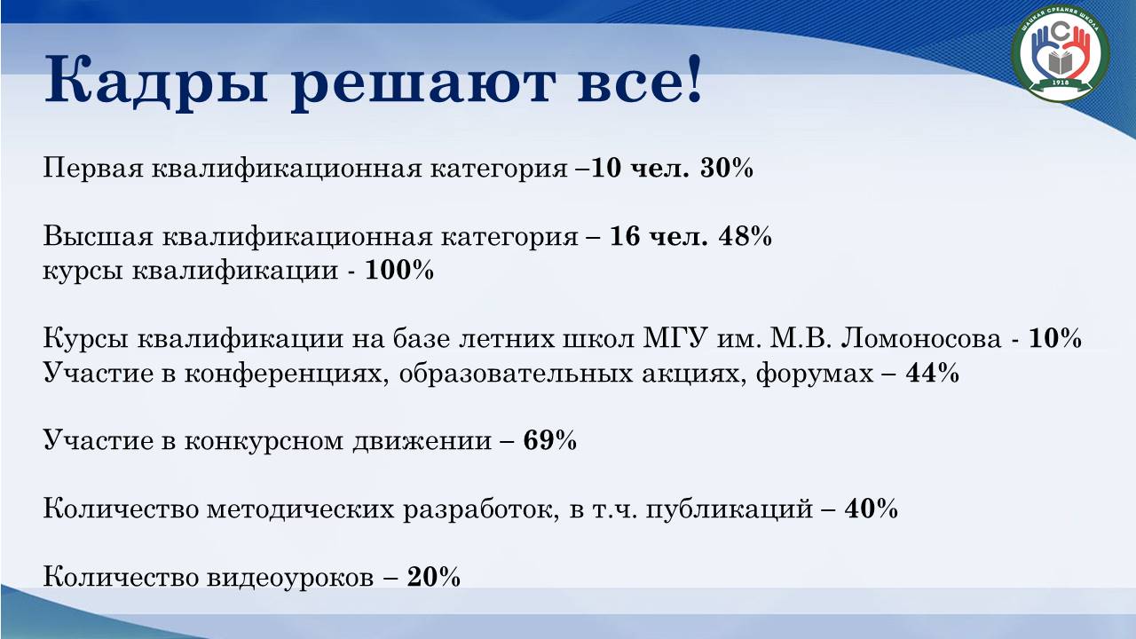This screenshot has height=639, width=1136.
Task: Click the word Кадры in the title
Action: tap(155, 80)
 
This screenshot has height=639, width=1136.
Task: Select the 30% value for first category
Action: tap(726, 168)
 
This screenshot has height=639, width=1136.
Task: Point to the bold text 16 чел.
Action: tap(659, 237)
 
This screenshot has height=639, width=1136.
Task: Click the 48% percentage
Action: tap(745, 237)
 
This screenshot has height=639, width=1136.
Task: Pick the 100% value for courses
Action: tap(399, 270)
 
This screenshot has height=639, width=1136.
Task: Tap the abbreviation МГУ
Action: tap(675, 338)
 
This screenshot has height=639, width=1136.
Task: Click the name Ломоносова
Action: tap(921, 338)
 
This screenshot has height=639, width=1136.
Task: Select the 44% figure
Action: tap(932, 373)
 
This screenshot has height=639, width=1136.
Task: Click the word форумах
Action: tap(815, 374)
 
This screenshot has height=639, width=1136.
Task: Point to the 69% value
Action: tap(549, 440)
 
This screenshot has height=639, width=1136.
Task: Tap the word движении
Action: tap(422, 441)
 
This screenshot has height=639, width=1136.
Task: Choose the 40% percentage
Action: tap(871, 509)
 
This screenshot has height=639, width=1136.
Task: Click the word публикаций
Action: tap(730, 509)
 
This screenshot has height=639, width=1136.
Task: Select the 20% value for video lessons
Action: tap(434, 577)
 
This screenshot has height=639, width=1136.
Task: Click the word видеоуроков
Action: tap(290, 578)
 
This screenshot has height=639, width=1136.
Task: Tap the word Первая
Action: tap(93, 169)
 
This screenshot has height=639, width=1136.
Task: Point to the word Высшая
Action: tap(98, 237)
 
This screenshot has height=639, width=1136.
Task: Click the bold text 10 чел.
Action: tap(641, 168)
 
